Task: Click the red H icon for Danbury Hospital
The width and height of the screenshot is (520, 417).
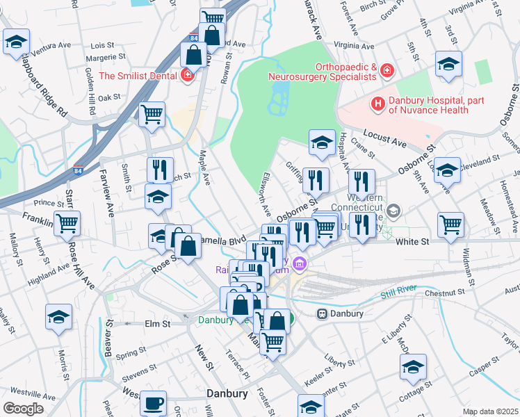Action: coord(378,105)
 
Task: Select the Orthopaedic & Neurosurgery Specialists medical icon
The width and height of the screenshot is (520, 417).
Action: coord(387,71)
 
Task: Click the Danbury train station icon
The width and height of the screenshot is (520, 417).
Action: coord(323,313)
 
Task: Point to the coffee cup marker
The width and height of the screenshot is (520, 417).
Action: coord(153,402)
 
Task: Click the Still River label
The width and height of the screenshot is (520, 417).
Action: coord(400,295)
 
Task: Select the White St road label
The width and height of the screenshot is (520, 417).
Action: coord(414,241)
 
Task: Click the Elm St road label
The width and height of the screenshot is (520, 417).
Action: coord(157,324)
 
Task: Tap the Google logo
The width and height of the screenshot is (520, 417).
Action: coord(23,409)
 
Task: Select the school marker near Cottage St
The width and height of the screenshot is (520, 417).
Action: coord(414,367)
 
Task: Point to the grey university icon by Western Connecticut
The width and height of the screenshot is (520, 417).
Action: coord(393,211)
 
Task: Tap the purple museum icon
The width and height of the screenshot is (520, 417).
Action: coord(300,263)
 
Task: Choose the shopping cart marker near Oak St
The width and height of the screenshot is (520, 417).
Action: coord(152,114)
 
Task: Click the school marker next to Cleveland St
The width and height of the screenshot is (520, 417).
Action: coord(447,169)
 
